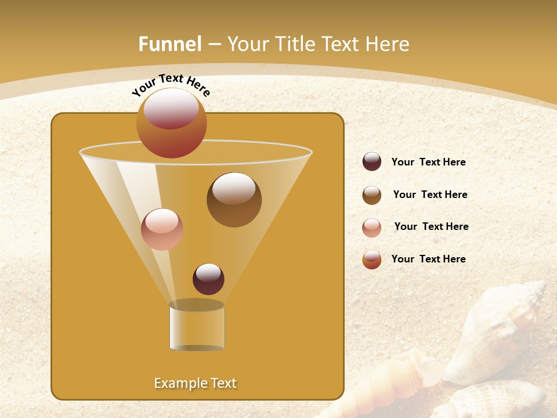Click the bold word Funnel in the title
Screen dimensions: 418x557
tap(170, 44)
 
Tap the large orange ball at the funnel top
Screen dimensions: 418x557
tap(172, 125)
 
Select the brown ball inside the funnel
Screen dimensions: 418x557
tap(234, 200)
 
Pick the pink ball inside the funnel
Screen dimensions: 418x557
tap(162, 229)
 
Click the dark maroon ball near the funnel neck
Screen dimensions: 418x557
tap(208, 279)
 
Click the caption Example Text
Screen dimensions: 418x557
tap(196, 383)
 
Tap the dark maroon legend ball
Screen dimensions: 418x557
tap(372, 162)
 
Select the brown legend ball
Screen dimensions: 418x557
tap(372, 195)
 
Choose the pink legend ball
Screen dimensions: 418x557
tap(372, 228)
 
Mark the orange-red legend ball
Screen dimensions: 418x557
tap(372, 260)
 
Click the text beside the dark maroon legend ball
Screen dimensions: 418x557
tap(428, 163)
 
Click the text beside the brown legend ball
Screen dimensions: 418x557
tap(430, 195)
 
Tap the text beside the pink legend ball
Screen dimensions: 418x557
tap(431, 227)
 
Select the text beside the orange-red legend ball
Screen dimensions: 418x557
tap(428, 259)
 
